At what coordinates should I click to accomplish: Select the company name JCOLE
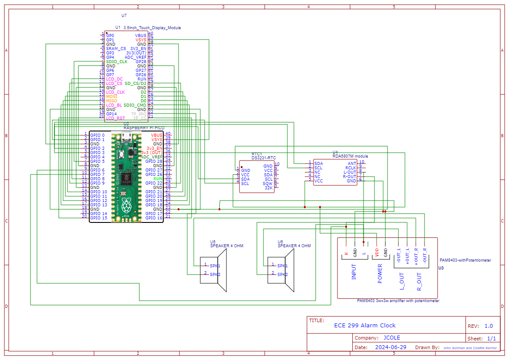[392, 338]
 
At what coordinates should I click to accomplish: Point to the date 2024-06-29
[391, 347]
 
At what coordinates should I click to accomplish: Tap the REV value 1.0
[489, 326]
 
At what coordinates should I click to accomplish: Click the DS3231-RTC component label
[264, 158]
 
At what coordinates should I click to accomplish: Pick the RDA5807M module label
[350, 156]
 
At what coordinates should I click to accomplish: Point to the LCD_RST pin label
[115, 118]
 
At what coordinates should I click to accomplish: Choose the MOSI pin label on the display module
[111, 97]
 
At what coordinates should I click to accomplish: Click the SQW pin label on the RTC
[268, 184]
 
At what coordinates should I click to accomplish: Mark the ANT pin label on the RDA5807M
[352, 163]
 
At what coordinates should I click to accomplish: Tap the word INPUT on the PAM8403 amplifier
[354, 272]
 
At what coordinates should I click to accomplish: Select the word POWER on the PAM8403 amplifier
[380, 274]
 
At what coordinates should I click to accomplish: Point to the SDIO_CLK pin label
[117, 62]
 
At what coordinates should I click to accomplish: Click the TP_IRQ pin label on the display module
[139, 114]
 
